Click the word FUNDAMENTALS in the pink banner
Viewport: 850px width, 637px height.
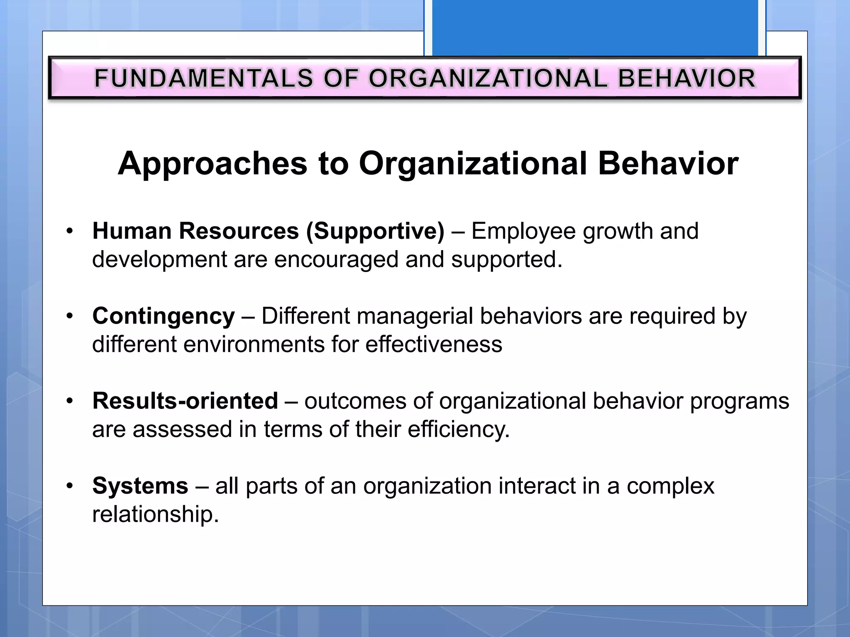pos(203,78)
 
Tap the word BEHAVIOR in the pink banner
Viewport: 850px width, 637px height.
pos(687,78)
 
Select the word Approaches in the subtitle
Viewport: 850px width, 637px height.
pos(212,164)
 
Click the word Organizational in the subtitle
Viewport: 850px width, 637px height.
pos(473,164)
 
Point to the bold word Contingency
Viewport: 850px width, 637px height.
pos(164,316)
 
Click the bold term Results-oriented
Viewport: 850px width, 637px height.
pos(185,401)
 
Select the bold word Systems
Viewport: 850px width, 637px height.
pos(140,486)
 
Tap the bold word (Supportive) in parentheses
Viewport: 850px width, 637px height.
pos(375,231)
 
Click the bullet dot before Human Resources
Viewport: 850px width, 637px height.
pos(70,231)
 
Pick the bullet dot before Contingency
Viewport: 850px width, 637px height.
pos(70,316)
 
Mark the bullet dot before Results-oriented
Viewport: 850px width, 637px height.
pos(70,401)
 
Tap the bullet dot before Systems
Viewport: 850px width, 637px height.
pos(70,486)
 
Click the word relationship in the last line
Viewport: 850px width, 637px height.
pos(155,514)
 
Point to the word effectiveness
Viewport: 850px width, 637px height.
pos(434,344)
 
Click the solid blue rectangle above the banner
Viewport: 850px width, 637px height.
pos(595,27)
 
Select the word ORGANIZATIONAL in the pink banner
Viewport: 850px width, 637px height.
pos(488,78)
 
